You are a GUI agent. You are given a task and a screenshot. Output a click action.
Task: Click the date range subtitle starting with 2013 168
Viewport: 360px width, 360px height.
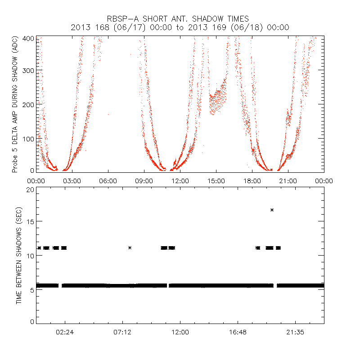coord(180,28)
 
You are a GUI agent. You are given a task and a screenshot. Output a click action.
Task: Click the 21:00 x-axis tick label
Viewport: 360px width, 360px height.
coord(288,181)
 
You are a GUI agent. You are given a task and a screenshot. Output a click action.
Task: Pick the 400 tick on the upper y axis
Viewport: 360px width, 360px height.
coord(29,39)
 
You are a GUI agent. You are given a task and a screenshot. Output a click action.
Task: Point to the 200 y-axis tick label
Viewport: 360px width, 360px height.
coord(29,104)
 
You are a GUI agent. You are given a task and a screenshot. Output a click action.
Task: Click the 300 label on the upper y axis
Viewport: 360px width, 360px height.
coord(29,70)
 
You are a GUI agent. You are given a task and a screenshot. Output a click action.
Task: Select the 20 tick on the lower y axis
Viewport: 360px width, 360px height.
coord(31,190)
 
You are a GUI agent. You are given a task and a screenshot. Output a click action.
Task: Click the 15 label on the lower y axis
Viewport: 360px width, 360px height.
coord(31,222)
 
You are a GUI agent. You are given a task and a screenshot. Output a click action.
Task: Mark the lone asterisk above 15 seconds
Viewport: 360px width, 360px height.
coord(272,210)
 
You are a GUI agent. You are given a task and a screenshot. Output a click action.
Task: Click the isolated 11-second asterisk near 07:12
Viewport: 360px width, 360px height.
coord(130,247)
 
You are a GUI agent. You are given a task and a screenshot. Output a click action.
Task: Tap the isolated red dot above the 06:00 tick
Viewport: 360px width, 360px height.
coord(108,114)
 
